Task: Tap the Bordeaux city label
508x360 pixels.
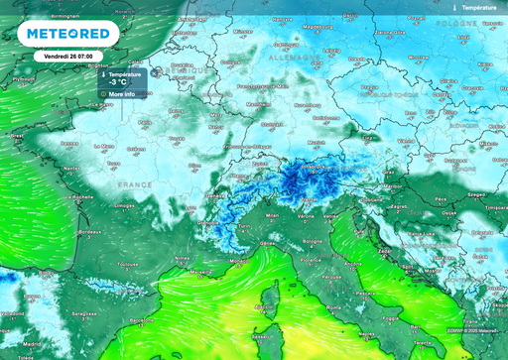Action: [89, 232]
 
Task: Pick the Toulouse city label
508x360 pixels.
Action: [125, 265]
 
